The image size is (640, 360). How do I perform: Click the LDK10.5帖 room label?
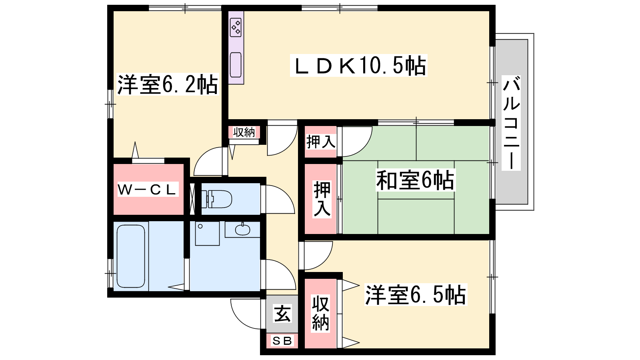(x=359, y=66)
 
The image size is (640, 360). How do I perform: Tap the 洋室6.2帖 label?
(x=168, y=84)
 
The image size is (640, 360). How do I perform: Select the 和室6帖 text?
(x=415, y=180)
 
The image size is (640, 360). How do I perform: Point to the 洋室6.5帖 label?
(x=416, y=294)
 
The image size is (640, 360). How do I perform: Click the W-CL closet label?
(x=148, y=190)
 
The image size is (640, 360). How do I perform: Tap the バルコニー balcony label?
(x=511, y=123)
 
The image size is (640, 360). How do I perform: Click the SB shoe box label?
(x=282, y=340)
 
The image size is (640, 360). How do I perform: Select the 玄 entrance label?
(x=282, y=314)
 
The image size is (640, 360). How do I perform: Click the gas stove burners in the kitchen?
(x=236, y=27)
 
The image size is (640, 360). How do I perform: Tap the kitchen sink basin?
(x=236, y=65)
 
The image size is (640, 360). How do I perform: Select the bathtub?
(x=130, y=256)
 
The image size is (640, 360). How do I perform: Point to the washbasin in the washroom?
(x=242, y=229)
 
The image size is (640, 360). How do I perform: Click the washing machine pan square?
(x=208, y=233)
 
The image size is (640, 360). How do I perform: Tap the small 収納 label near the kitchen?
(x=244, y=132)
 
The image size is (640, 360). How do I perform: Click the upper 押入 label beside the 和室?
(x=320, y=142)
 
